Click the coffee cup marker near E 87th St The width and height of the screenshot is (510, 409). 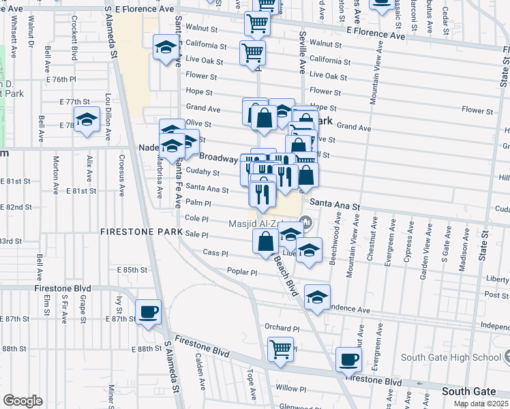tap(148, 313)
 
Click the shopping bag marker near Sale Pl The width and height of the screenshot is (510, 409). tap(266, 241)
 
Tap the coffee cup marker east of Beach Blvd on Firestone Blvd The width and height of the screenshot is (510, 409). tap(348, 359)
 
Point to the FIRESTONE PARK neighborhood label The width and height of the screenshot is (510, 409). tap(140, 232)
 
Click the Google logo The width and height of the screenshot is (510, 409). tap(22, 401)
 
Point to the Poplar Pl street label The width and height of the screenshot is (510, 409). tap(243, 272)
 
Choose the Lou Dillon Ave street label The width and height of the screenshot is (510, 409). tap(107, 112)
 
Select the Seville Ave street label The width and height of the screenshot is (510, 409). tap(302, 51)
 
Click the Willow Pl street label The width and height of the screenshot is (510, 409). tap(292, 389)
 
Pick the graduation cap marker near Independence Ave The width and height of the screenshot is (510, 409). tap(317, 297)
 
